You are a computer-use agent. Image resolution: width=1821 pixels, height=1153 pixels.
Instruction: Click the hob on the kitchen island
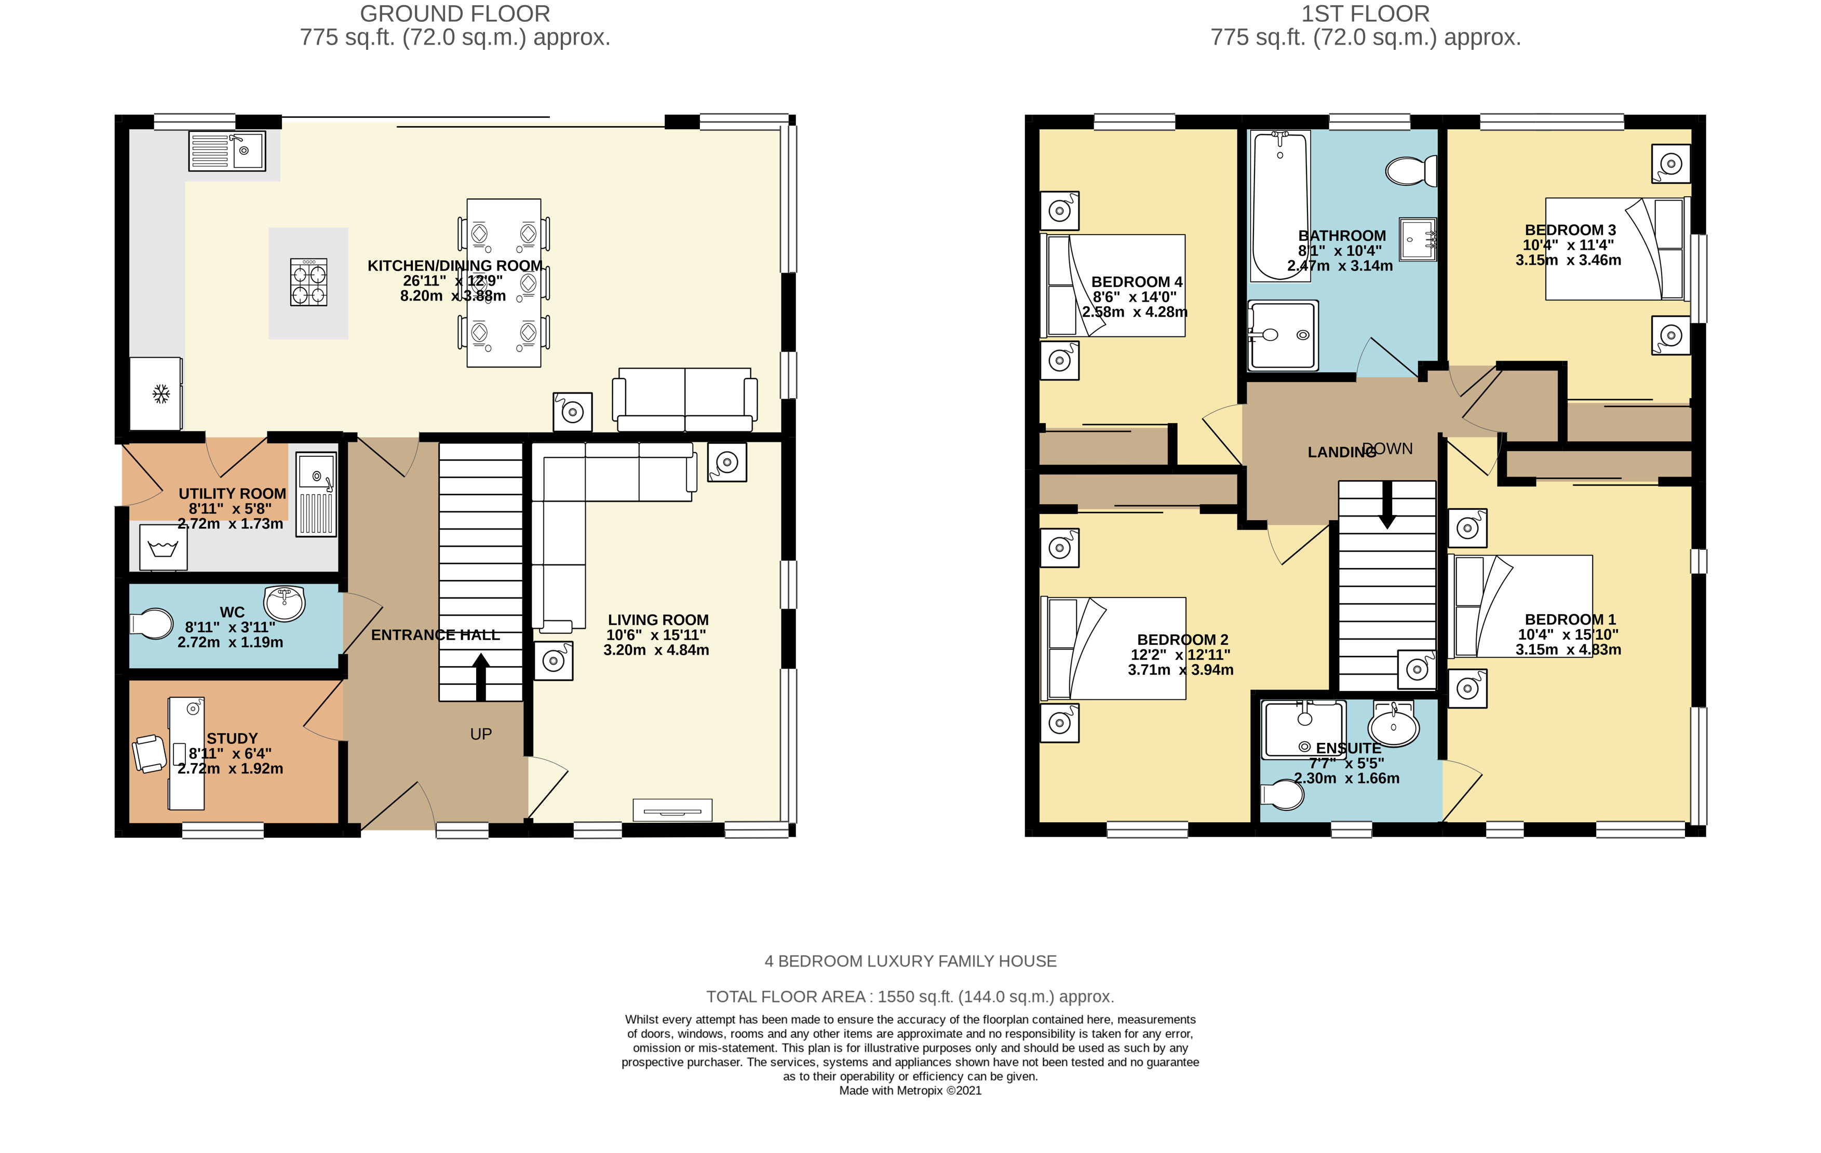point(308,282)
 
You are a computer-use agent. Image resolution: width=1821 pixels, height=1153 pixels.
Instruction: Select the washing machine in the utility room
point(163,547)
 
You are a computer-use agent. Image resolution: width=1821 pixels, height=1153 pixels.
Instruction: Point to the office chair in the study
point(150,754)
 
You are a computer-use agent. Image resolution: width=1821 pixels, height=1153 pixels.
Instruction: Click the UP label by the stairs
point(481,734)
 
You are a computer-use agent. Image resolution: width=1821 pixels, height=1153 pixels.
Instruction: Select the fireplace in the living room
point(672,810)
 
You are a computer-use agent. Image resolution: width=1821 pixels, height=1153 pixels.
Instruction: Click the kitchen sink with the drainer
point(227,151)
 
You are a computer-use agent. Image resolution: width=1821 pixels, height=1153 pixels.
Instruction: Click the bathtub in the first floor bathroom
point(1280,206)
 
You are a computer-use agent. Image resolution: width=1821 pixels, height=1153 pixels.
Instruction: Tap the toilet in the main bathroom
point(1411,171)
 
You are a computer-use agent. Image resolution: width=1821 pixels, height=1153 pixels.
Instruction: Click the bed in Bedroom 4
point(1113,285)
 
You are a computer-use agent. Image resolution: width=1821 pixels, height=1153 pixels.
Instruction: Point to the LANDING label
point(1342,452)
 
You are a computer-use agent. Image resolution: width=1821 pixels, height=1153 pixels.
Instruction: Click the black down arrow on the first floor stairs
point(1387,504)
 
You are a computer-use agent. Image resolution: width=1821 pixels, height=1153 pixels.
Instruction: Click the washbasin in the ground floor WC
point(285,602)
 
